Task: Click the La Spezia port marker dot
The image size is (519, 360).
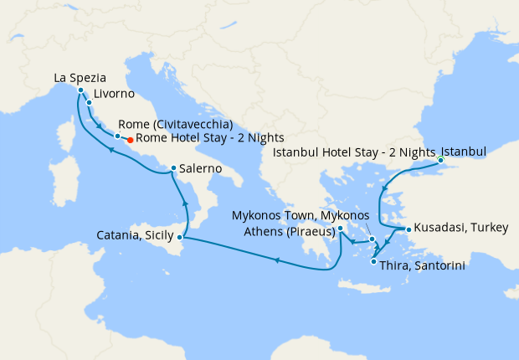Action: (80, 90)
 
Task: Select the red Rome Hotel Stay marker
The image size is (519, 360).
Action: (130, 140)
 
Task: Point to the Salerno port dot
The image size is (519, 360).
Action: (172, 168)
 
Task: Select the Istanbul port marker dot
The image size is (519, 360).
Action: (440, 160)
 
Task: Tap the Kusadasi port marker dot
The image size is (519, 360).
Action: (408, 229)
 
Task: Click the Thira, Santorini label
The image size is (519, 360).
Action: (422, 265)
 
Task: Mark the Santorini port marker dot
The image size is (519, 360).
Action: (373, 262)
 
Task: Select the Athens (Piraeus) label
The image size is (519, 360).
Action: (290, 231)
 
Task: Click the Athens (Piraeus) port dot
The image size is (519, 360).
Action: (341, 228)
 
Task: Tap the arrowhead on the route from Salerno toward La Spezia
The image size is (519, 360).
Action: (108, 150)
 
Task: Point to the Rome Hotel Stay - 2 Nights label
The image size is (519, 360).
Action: (209, 138)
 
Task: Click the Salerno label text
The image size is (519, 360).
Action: (200, 168)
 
